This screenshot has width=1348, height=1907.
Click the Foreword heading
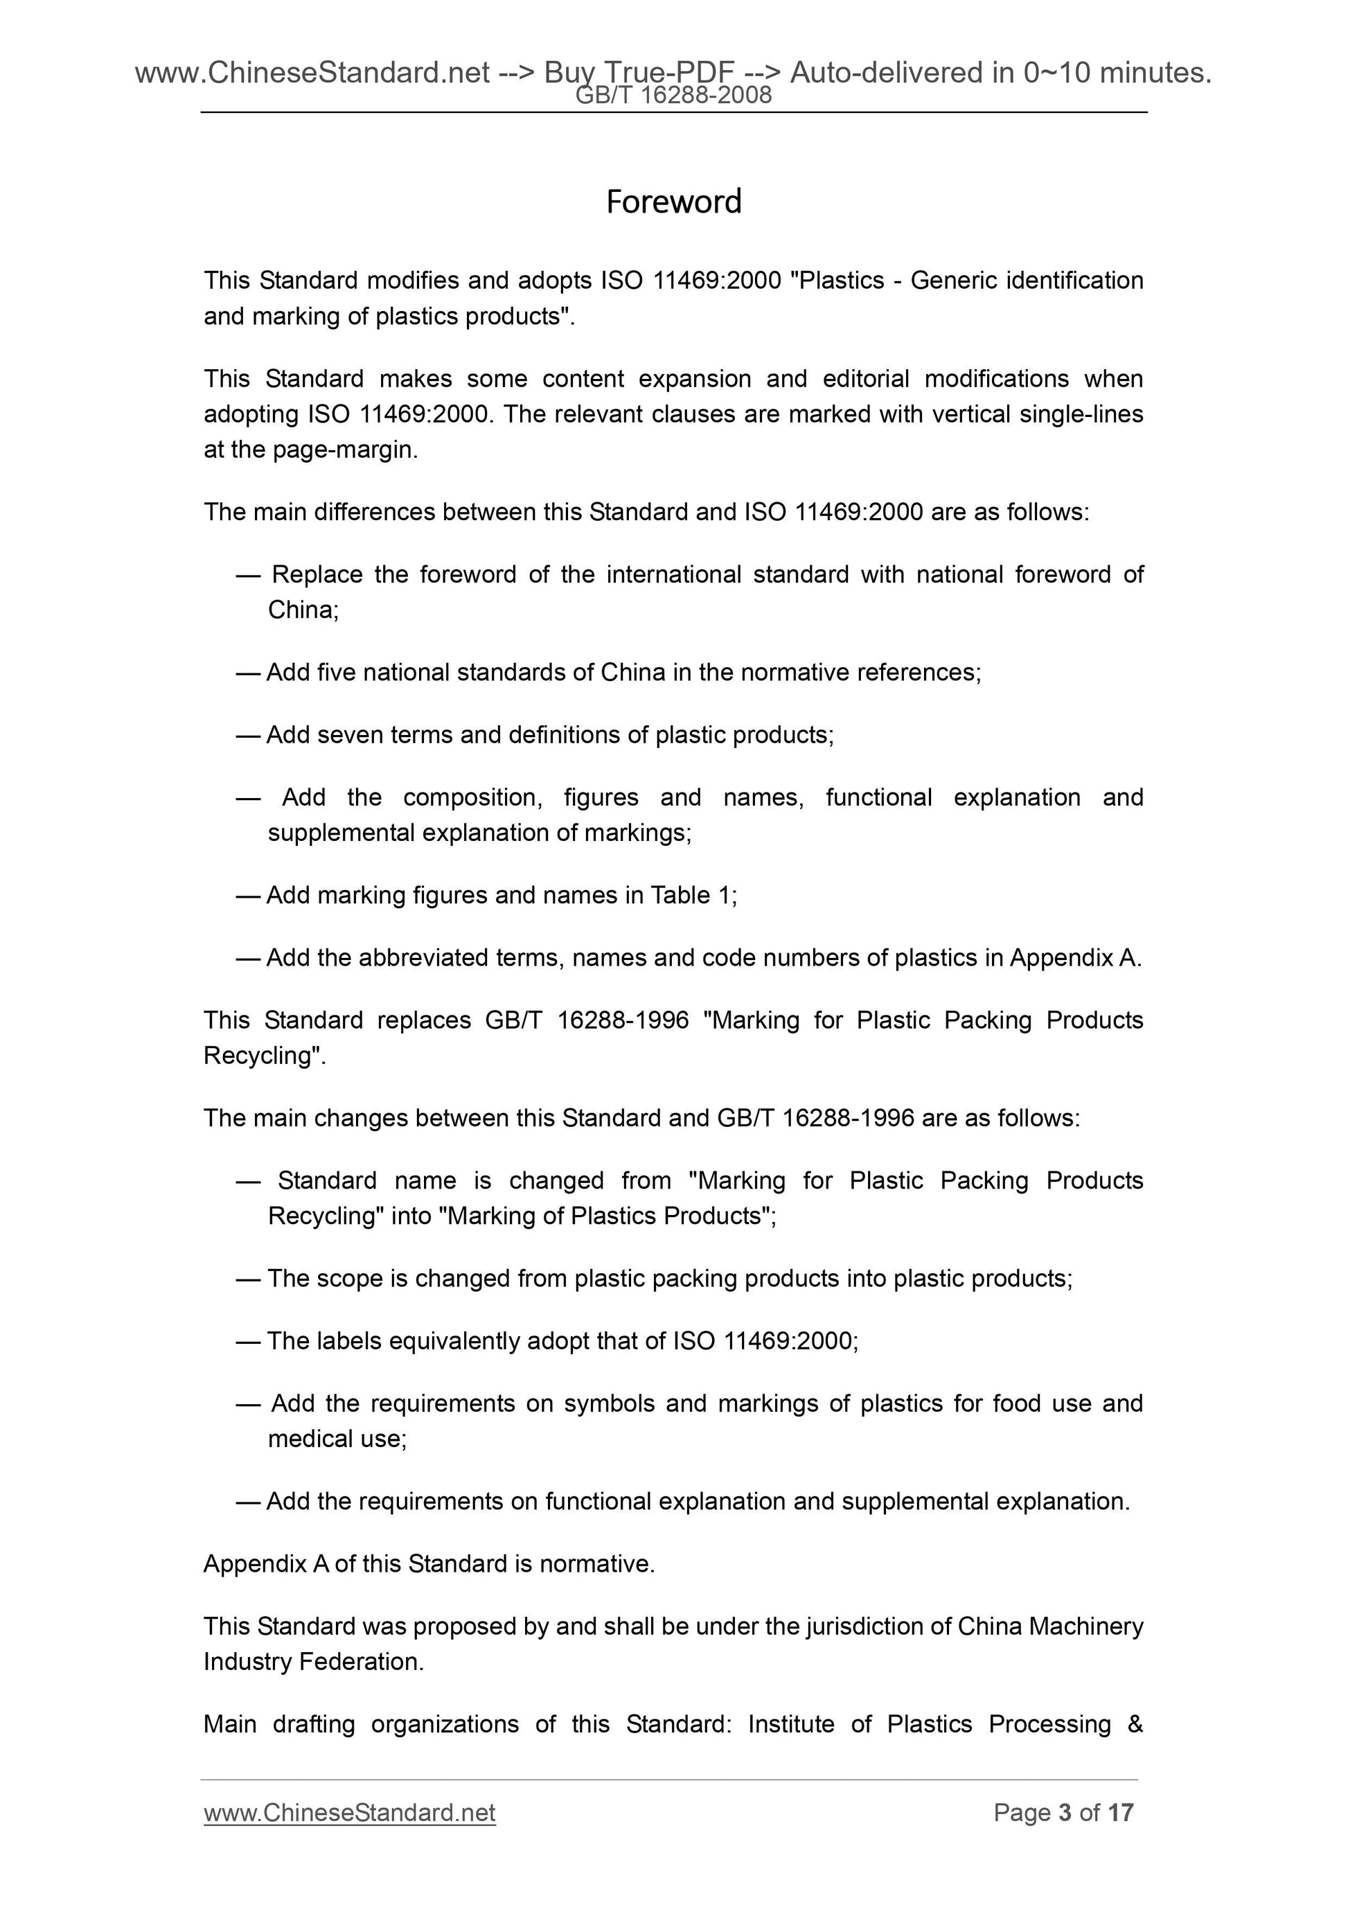pyautogui.click(x=673, y=202)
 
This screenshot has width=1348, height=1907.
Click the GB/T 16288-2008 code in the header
pyautogui.click(x=673, y=96)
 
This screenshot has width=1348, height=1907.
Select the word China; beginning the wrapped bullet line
pyautogui.click(x=302, y=610)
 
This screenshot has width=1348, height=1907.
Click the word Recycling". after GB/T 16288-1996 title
pyautogui.click(x=264, y=1055)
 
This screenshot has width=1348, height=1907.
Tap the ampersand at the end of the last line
pyautogui.click(x=1135, y=1723)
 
